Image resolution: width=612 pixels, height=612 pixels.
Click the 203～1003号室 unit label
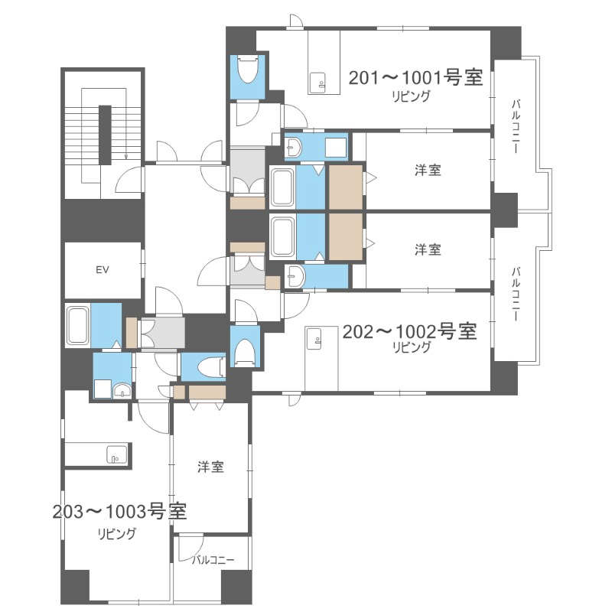pyautogui.click(x=120, y=511)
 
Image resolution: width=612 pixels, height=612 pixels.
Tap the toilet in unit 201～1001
pyautogui.click(x=248, y=73)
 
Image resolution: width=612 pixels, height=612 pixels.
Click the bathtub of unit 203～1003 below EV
pyautogui.click(x=78, y=326)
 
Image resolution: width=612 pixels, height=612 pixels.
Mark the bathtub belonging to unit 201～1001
pyautogui.click(x=282, y=187)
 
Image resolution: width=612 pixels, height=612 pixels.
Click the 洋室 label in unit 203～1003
pyautogui.click(x=210, y=467)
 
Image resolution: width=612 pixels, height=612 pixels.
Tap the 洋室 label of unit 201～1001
pyautogui.click(x=428, y=170)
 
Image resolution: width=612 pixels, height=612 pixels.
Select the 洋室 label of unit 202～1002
pyautogui.click(x=428, y=249)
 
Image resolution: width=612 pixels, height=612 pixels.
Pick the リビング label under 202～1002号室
pyautogui.click(x=411, y=347)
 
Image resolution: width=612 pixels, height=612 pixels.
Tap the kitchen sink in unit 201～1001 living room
pyautogui.click(x=317, y=78)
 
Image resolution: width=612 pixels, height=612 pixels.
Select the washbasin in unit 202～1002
pyautogui.click(x=295, y=276)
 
